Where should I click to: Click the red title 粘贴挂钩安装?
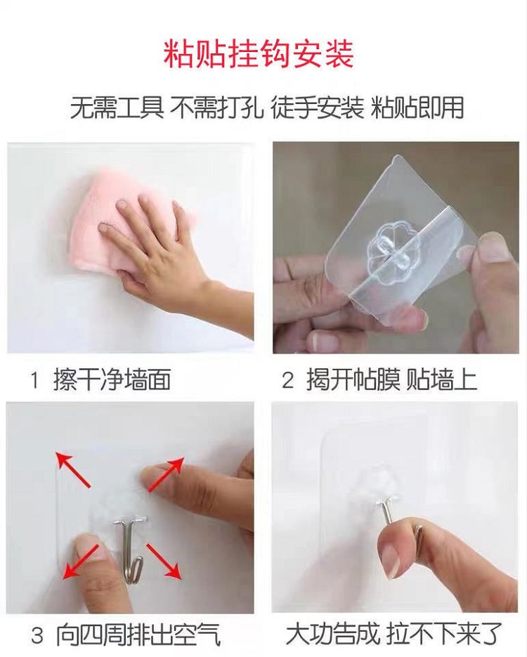click(x=259, y=53)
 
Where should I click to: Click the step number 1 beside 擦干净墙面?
click(x=34, y=381)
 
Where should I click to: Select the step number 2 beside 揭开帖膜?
click(x=287, y=381)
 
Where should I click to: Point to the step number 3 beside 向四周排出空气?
click(x=37, y=636)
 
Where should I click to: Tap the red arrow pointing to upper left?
click(x=73, y=469)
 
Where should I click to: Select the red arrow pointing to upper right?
click(x=166, y=474)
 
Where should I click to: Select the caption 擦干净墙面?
click(x=112, y=380)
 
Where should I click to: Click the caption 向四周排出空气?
click(x=138, y=635)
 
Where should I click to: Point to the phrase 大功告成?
click(x=332, y=634)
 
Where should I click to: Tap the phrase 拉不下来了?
click(x=443, y=634)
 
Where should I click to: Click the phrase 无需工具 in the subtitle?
click(x=117, y=108)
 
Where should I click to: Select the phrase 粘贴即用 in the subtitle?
click(x=417, y=108)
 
